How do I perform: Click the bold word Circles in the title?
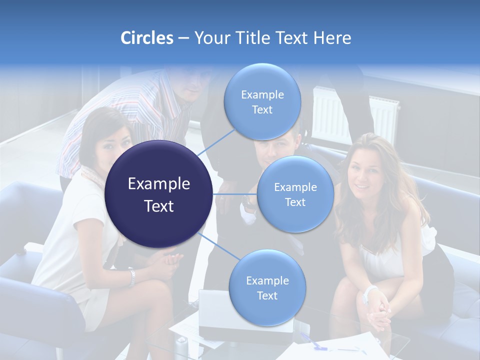pyautogui.click(x=146, y=38)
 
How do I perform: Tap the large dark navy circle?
pyautogui.click(x=159, y=194)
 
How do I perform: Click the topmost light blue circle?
pyautogui.click(x=262, y=102)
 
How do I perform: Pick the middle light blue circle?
pyautogui.click(x=295, y=194)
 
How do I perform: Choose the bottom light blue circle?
pyautogui.click(x=267, y=288)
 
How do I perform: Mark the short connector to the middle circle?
pyautogui.click(x=235, y=194)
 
